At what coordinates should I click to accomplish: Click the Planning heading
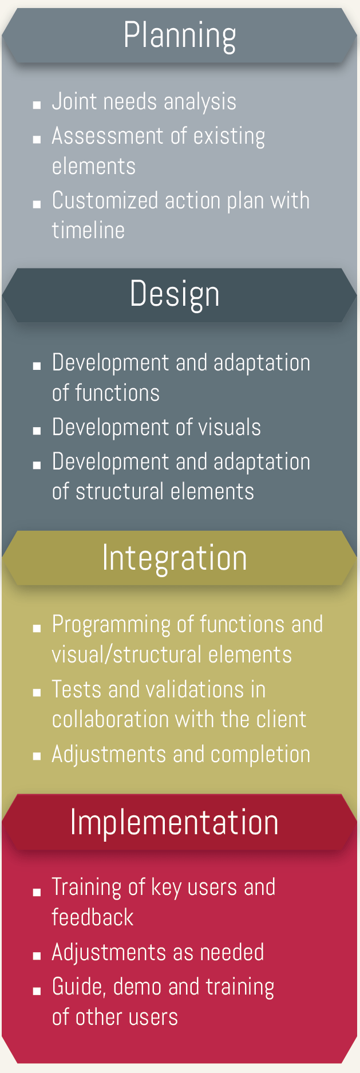click(180, 36)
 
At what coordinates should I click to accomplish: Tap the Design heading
click(175, 294)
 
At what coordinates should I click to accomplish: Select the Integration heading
click(175, 557)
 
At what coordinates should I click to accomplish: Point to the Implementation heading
click(175, 822)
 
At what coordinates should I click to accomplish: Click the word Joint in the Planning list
click(74, 102)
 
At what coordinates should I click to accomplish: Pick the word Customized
click(105, 200)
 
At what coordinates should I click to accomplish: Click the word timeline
click(88, 230)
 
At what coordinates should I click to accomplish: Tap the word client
click(281, 719)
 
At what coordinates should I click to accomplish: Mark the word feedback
click(93, 917)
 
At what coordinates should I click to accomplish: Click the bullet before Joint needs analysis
click(37, 105)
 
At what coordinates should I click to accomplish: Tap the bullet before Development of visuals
click(37, 431)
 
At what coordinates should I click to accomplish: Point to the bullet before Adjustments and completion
click(37, 757)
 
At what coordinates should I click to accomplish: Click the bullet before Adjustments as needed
click(37, 955)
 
